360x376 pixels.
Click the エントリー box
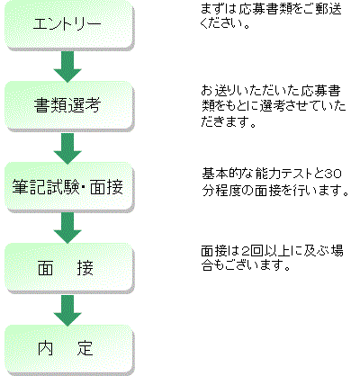(69, 24)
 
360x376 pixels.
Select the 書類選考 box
(69, 105)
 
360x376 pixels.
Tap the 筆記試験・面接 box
(69, 187)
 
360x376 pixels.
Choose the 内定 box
(69, 349)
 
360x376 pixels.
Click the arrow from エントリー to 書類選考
(67, 66)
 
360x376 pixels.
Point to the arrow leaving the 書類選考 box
(67, 148)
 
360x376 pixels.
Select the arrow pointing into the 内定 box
(67, 310)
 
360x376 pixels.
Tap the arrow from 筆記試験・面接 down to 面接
(67, 228)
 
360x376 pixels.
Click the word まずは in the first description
(219, 9)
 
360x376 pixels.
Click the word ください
(221, 22)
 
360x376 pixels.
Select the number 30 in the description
(334, 174)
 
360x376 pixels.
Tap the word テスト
(296, 174)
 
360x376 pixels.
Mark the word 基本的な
(228, 174)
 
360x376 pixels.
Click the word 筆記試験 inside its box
(44, 187)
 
